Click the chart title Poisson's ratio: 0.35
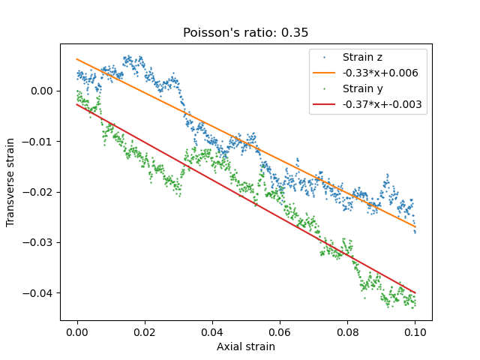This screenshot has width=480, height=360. coord(246,33)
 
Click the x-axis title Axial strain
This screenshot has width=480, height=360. coord(246,346)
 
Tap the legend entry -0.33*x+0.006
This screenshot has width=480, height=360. coord(380,73)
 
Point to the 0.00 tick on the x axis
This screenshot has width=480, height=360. coord(77,331)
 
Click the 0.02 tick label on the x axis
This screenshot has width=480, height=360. coord(145,331)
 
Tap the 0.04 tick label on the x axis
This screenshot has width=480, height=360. coord(212,331)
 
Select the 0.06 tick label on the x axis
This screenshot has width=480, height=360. coord(280,331)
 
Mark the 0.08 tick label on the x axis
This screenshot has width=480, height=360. coord(347,331)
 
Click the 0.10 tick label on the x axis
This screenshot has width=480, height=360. coord(415,331)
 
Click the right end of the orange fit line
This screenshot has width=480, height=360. coord(415,226)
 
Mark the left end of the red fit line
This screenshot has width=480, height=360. coord(77,105)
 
